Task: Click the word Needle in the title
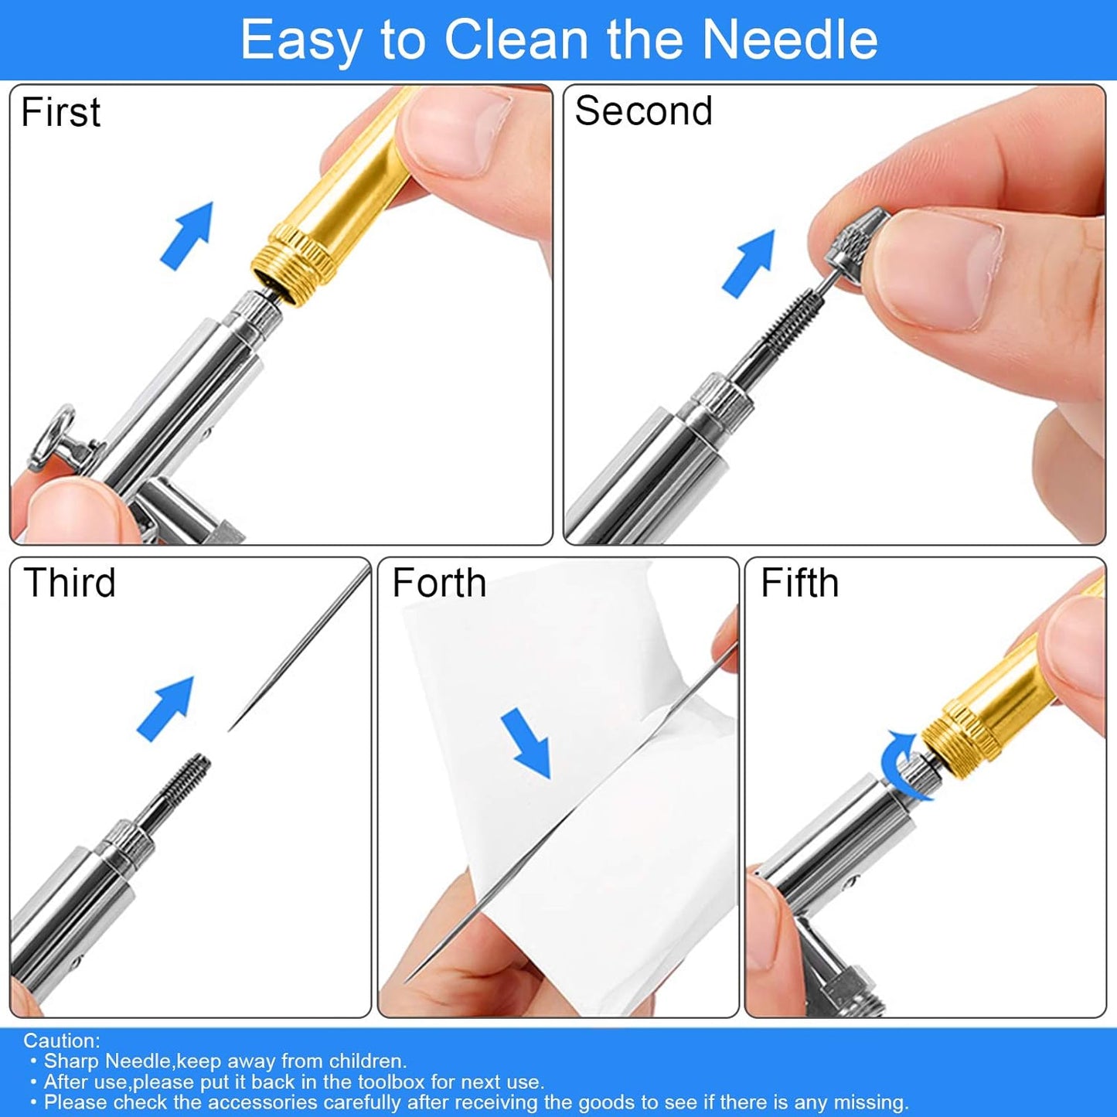click(790, 40)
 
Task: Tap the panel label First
click(60, 112)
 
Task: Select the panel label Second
click(643, 111)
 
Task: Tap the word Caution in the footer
click(62, 1040)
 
